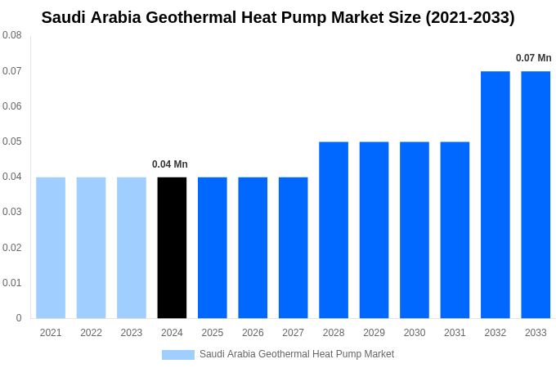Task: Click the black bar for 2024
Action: (172, 247)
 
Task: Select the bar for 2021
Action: (51, 247)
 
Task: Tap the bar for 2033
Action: (536, 195)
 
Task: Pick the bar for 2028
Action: (334, 230)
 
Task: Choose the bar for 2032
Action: (495, 195)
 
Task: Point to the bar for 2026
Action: (253, 247)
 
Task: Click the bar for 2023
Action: (132, 247)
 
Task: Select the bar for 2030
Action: (415, 230)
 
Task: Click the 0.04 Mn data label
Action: (170, 164)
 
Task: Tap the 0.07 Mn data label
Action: (533, 58)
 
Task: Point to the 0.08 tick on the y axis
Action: (12, 36)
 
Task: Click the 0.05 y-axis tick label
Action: (12, 141)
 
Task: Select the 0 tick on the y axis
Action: (19, 318)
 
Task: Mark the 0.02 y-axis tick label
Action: (12, 248)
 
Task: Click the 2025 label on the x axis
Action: (213, 333)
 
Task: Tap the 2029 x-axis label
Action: (374, 333)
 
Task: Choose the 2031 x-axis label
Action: (455, 333)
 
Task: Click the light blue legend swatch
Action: (178, 355)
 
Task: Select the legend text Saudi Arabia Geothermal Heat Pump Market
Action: (297, 354)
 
